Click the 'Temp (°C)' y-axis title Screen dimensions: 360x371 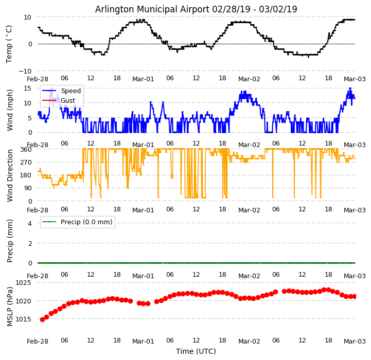click(9, 44)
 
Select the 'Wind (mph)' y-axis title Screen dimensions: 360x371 click(10, 110)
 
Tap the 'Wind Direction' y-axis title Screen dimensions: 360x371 click(10, 175)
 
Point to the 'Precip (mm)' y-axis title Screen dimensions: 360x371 click(10, 241)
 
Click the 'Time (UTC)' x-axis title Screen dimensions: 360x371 click(196, 351)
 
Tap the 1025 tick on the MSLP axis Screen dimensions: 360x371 click(23, 283)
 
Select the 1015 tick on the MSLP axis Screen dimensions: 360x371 click(23, 319)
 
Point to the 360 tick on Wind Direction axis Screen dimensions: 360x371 click(26, 150)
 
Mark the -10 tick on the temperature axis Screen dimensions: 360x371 click(26, 71)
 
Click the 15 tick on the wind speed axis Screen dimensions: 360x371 click(28, 88)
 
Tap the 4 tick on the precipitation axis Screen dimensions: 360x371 click(29, 223)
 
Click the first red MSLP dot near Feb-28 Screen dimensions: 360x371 click(42, 319)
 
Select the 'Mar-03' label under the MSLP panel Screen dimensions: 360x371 click(355, 341)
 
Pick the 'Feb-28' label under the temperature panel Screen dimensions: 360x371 click(38, 79)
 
